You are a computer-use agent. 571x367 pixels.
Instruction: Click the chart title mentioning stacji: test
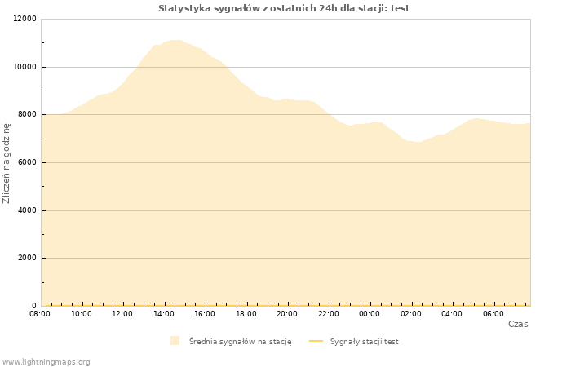tap(284, 8)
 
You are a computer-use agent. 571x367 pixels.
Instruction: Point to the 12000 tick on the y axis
tap(24, 19)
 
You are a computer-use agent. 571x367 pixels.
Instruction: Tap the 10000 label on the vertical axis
tap(24, 67)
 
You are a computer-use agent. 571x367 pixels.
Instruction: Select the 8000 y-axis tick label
tap(27, 114)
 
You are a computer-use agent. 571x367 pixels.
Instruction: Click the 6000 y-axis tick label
tap(27, 162)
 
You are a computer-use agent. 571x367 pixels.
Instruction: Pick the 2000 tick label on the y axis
tap(27, 258)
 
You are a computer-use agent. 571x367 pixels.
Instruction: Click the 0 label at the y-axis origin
tap(34, 306)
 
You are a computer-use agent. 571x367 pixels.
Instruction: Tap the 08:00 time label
tap(40, 314)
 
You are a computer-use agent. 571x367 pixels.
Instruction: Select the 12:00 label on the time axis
tap(122, 314)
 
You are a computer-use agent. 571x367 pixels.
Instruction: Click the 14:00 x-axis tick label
tap(164, 314)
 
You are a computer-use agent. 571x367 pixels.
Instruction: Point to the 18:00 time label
tap(246, 314)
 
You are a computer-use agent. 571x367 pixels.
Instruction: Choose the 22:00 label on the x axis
tap(329, 314)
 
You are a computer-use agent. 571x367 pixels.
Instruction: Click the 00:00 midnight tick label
tap(370, 314)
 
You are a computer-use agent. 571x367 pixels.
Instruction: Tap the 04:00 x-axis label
tap(452, 314)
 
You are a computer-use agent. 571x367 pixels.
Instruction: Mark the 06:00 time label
tap(494, 314)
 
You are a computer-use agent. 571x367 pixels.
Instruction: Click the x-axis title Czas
tap(518, 324)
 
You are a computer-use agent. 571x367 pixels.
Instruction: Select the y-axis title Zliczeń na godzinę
tap(7, 163)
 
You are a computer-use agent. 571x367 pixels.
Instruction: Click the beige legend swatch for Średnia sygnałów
tap(175, 341)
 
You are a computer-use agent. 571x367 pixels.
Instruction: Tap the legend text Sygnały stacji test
tap(365, 342)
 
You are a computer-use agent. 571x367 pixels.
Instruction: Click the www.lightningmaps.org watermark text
tap(46, 362)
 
